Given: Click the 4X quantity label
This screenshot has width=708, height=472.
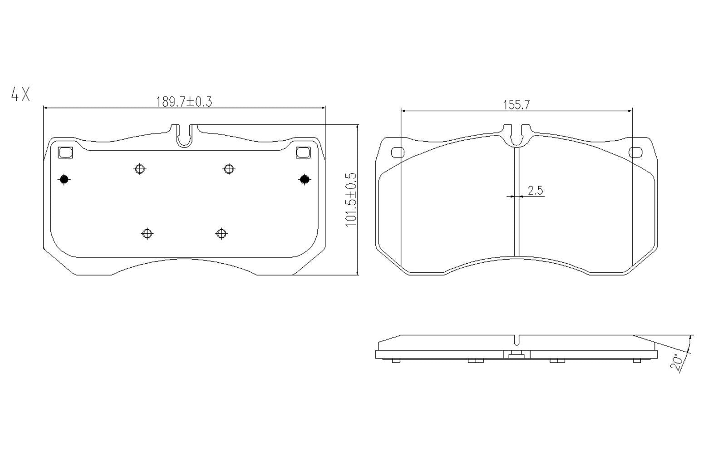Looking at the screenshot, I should pyautogui.click(x=20, y=94).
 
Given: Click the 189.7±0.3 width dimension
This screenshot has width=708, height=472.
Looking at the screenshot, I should pyautogui.click(x=184, y=101).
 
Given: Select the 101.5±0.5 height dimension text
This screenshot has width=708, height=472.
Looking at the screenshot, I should pyautogui.click(x=351, y=200).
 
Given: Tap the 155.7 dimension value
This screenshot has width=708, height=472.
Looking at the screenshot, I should pyautogui.click(x=516, y=104).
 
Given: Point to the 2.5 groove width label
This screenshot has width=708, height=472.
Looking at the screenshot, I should pyautogui.click(x=536, y=190).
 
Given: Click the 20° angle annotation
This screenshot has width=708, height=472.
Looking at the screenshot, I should pyautogui.click(x=678, y=363).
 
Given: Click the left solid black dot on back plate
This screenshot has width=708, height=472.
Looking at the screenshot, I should pyautogui.click(x=64, y=180).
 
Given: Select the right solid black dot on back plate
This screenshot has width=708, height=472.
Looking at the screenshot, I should pyautogui.click(x=304, y=180).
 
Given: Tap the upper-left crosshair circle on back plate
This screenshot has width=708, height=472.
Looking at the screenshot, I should pyautogui.click(x=140, y=169).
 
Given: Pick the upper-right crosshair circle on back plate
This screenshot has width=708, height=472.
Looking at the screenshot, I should pyautogui.click(x=229, y=169).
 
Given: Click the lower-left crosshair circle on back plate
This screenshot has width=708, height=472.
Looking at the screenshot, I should pyautogui.click(x=147, y=234).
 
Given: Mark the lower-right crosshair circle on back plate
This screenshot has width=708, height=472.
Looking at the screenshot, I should pyautogui.click(x=221, y=234).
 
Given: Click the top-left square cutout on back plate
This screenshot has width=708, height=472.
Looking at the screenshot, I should pyautogui.click(x=66, y=152).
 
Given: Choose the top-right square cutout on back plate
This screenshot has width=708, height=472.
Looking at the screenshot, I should pyautogui.click(x=303, y=152).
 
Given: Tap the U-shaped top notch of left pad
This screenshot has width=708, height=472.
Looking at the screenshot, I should pyautogui.click(x=184, y=136).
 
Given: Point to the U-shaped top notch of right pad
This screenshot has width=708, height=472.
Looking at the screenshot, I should pyautogui.click(x=516, y=136).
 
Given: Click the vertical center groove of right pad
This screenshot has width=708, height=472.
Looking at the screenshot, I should pyautogui.click(x=516, y=204).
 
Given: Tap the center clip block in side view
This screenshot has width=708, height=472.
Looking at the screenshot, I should pyautogui.click(x=516, y=354).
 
